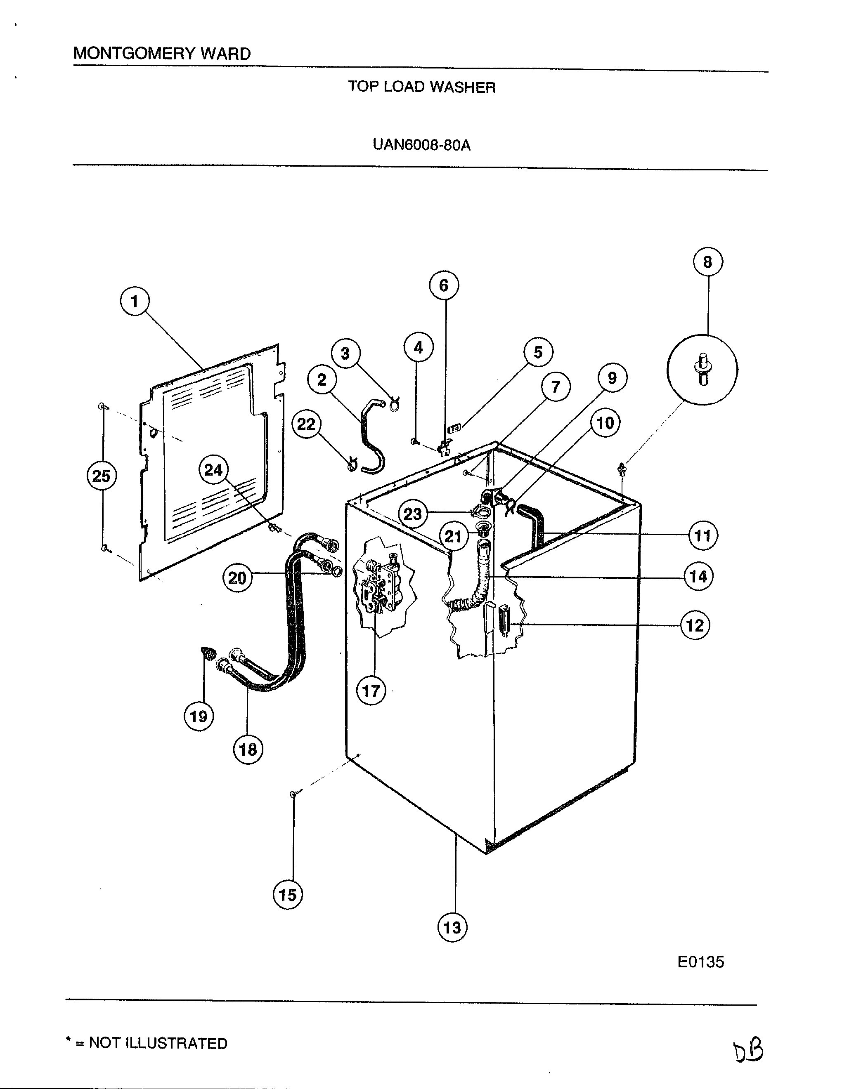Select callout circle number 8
pos(707,262)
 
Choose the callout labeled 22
pos(306,424)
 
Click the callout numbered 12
pos(695,625)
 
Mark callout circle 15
pos(288,895)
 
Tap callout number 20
pos(237,578)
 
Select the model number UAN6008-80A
pos(421,145)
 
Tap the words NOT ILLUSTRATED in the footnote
pos(158,1043)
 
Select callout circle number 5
pos(538,353)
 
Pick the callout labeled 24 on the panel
pos(213,470)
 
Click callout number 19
pos(199,717)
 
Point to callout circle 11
pos(702,536)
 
